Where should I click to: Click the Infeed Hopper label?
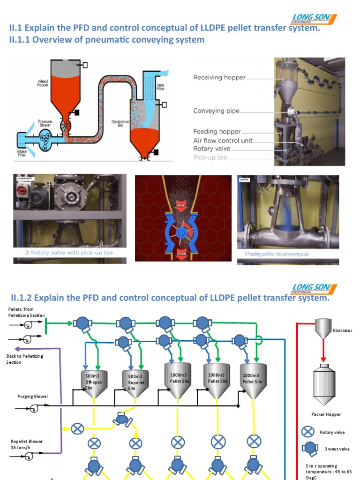pos(43,83)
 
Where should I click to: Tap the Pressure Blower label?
pos(45,124)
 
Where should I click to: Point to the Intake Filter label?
pos(22,153)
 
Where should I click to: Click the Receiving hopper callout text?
pos(219,77)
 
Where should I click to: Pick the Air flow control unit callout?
pos(223,141)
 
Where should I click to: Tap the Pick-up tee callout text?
pos(210,157)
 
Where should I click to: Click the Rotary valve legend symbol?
pos(308,432)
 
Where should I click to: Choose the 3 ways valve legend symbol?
pos(309,449)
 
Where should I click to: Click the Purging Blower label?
pos(33,397)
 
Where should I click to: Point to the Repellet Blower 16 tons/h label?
pos(27,444)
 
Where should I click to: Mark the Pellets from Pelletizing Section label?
pos(26,312)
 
